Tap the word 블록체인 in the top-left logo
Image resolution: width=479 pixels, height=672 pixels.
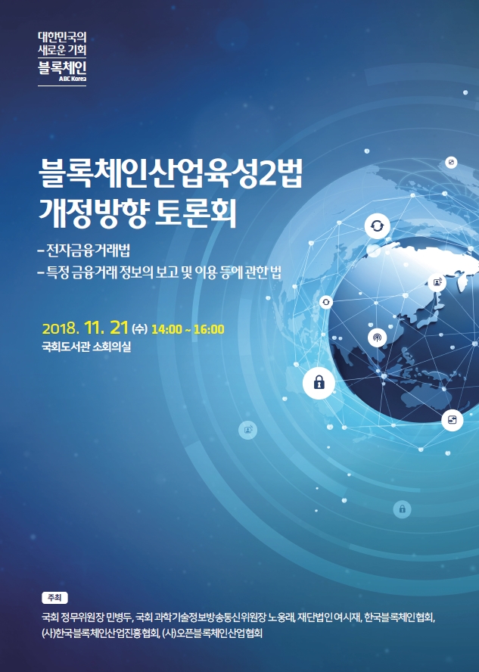tap(62, 67)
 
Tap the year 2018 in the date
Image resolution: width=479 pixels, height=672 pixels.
tap(60, 329)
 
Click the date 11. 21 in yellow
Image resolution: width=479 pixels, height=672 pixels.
tap(106, 328)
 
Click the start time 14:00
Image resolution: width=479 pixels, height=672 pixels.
tap(166, 329)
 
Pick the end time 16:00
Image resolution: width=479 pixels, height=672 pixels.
tap(209, 329)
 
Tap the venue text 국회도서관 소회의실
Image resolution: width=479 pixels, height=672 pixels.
tap(86, 347)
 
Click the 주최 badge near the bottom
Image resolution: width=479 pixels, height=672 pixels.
tap(54, 597)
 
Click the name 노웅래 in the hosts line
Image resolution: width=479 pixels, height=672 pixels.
tap(281, 618)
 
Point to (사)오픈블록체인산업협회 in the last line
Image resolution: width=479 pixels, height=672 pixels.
tap(212, 633)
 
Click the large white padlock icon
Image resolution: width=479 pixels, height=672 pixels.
tap(319, 383)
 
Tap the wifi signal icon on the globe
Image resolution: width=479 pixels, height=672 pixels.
tap(377, 338)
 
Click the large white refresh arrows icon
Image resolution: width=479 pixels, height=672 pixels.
tap(377, 226)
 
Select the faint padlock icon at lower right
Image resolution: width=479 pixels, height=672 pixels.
tap(402, 509)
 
